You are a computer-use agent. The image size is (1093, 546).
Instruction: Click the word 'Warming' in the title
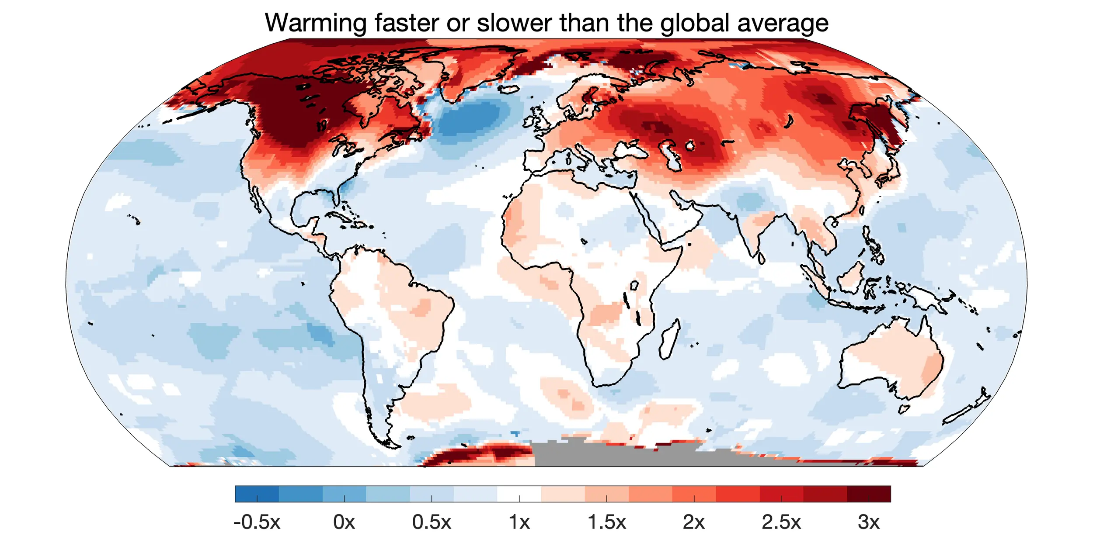(x=315, y=23)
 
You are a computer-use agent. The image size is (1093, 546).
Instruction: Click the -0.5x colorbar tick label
(x=257, y=522)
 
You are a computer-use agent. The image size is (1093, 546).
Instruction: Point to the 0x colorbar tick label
(x=344, y=522)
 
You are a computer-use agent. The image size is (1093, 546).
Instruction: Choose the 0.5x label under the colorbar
(x=432, y=522)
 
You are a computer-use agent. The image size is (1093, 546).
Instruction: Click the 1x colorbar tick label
(x=519, y=522)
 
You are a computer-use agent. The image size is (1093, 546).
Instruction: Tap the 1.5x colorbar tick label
(x=606, y=522)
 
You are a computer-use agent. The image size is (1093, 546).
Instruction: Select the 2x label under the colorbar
(x=694, y=522)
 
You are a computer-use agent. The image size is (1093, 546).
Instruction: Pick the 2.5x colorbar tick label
(x=781, y=522)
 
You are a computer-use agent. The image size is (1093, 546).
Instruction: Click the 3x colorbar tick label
(x=869, y=522)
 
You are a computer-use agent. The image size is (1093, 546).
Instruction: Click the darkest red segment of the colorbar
(x=869, y=494)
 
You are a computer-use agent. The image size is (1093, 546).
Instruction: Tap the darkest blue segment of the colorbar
(x=257, y=494)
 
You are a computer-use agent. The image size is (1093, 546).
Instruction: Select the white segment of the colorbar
(x=519, y=494)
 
